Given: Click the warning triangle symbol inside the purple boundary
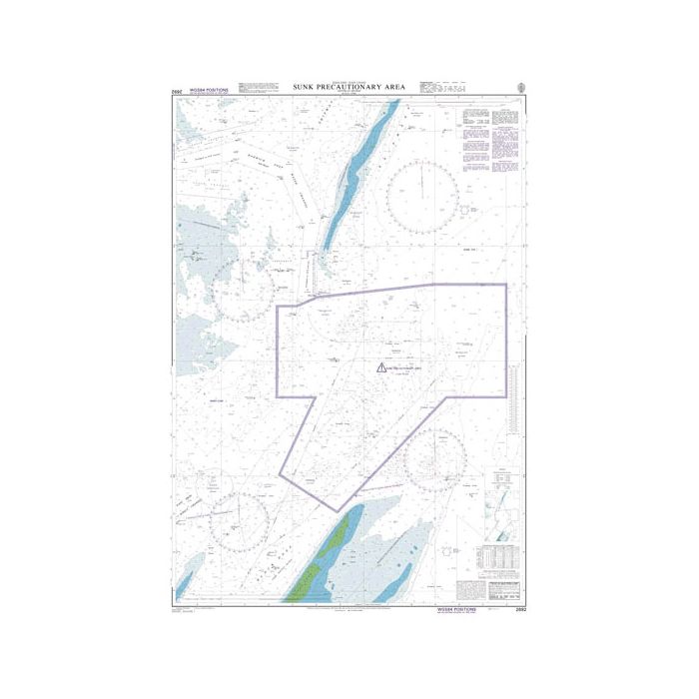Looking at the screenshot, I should pos(380,368).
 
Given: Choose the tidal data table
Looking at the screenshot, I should pos(495,554).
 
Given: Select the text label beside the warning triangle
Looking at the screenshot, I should pos(407,370).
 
